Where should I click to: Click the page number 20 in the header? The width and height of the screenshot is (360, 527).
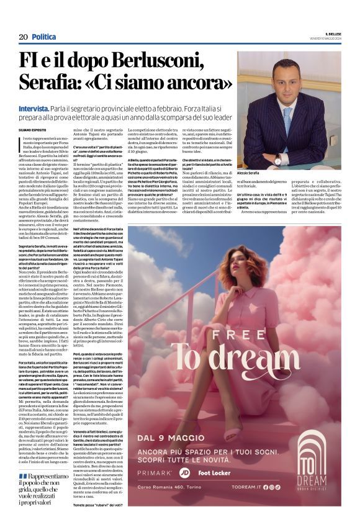[23, 37]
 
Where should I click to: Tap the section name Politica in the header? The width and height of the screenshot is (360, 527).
[43, 37]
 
